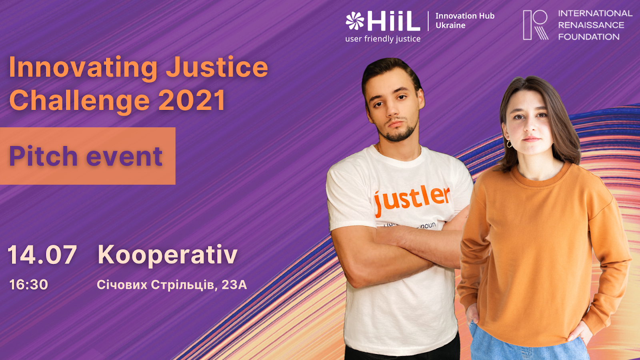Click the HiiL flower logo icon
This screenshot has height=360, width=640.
(355, 20)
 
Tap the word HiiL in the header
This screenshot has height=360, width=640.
(394, 21)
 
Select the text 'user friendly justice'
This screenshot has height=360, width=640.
(383, 39)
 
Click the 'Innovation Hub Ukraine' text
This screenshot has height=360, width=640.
(465, 20)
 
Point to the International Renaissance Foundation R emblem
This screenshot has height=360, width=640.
(536, 25)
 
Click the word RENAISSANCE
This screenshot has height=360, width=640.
(591, 25)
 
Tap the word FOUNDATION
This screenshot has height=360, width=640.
(589, 37)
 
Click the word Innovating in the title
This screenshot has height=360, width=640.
(83, 68)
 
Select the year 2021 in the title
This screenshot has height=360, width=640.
(192, 100)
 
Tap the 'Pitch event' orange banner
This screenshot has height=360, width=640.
(88, 156)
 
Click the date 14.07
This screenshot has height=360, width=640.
(42, 254)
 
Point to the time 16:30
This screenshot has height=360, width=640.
(28, 284)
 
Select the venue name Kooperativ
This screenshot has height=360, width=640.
(168, 255)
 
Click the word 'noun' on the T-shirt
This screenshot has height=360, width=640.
(428, 226)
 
